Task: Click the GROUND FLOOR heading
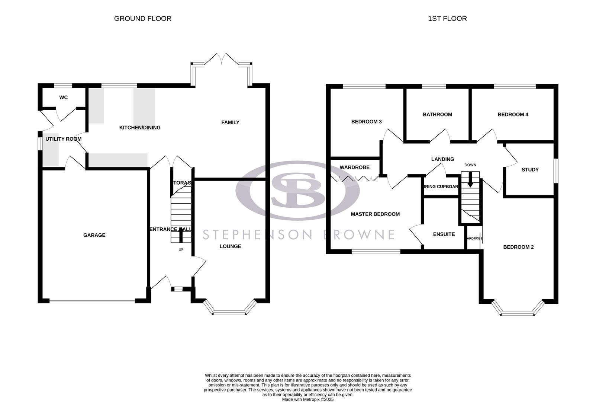(x=142, y=19)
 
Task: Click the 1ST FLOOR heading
(x=447, y=19)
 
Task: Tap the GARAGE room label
(x=94, y=235)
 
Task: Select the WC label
(x=64, y=98)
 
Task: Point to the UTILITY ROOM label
(x=63, y=139)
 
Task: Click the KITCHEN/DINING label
(x=140, y=128)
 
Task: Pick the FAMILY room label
(x=230, y=122)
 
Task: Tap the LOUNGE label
(x=230, y=246)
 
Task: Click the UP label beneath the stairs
(x=181, y=249)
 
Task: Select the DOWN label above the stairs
(x=470, y=165)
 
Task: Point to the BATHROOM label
(x=437, y=115)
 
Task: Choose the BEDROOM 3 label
(x=366, y=122)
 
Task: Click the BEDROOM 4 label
(x=513, y=115)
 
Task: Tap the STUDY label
(x=530, y=170)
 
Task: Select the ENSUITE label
(x=444, y=234)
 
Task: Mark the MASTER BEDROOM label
(x=375, y=214)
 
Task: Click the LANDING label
(x=442, y=159)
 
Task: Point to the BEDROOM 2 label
(x=518, y=247)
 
